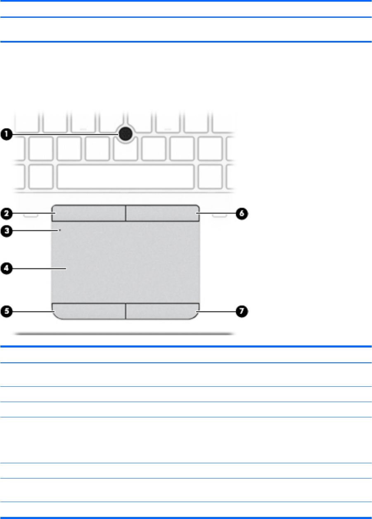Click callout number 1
tap(7, 134)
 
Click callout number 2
tap(7, 214)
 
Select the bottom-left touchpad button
tap(89, 310)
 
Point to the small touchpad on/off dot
tap(60, 229)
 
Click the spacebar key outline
tap(126, 176)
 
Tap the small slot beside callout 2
tap(29, 215)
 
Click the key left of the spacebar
tap(41, 176)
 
